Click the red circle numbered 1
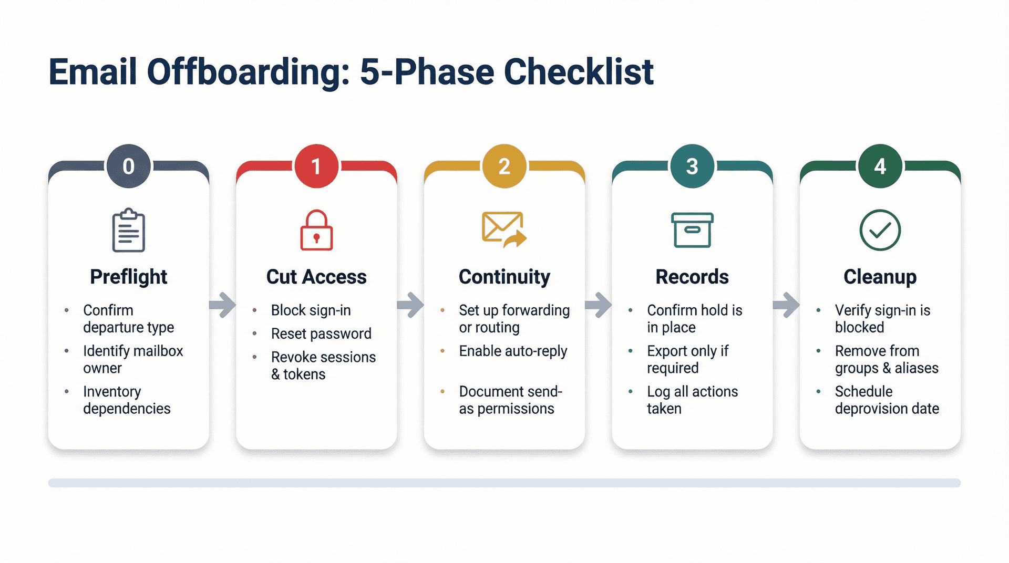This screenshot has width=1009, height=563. point(316,166)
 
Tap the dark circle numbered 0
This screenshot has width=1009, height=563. point(129,166)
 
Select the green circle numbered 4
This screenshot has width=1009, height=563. point(880,166)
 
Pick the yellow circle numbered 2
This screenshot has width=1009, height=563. point(504,166)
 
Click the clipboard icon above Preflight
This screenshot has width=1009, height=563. point(129,231)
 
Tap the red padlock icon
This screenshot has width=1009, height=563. point(316,231)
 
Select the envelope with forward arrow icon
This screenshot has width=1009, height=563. point(503,230)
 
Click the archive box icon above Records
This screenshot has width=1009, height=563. point(692,230)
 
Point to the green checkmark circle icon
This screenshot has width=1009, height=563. point(880,230)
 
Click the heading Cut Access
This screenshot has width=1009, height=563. point(316,277)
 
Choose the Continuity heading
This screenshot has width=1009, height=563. point(504,277)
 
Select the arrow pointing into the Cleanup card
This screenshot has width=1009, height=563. point(786,305)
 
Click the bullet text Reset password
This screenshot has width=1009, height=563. point(321,333)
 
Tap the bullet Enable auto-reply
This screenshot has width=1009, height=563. point(513,351)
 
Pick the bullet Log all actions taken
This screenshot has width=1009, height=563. point(692,400)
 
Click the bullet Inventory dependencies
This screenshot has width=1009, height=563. point(126,400)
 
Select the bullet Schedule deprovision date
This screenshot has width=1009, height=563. point(886,400)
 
